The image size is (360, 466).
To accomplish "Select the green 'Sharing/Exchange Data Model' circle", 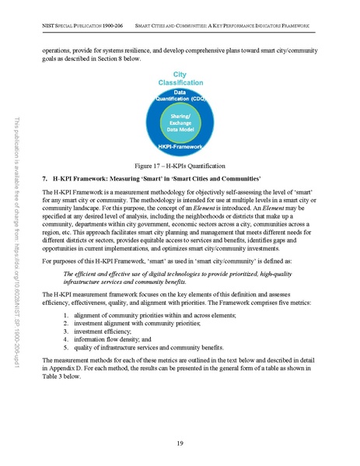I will (x=180, y=122).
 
